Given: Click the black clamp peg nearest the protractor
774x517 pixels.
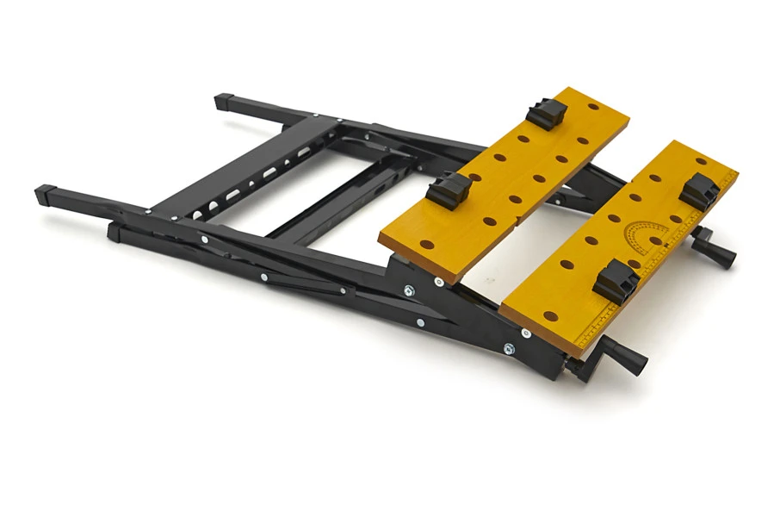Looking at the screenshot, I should (700, 191).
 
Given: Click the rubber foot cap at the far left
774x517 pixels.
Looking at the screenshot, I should (45, 194).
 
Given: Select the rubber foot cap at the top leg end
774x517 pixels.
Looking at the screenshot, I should (226, 102).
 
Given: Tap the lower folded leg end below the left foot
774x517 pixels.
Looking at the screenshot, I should (116, 231).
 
